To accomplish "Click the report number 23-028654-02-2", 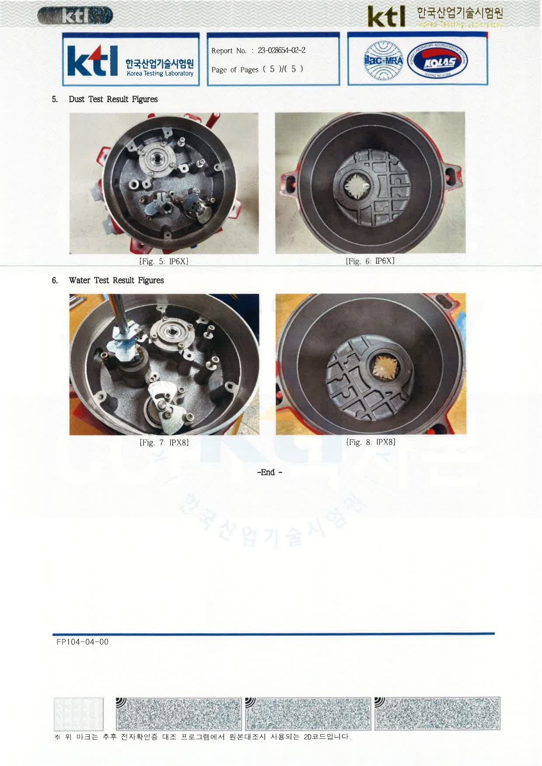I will coord(281,50).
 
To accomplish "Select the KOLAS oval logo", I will coord(438,62).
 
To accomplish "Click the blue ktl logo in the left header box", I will coord(92,61).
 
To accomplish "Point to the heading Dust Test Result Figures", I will coord(113,99).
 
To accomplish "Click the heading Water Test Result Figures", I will coord(116,280).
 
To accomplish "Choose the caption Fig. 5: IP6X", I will coord(164,261).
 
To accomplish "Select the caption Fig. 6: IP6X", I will coord(370,261).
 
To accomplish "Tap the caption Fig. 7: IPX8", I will coord(164,442).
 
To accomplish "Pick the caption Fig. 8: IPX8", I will coord(371,442).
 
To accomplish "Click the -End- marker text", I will coord(270,472).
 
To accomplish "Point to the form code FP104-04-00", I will coord(83,642).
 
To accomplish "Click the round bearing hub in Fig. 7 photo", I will coord(171,333).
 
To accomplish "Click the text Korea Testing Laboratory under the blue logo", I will coord(160,73).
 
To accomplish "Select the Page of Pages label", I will coord(235,70).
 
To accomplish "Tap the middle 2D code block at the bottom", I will coord(308,714).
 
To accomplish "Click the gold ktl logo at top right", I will coord(386,17).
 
